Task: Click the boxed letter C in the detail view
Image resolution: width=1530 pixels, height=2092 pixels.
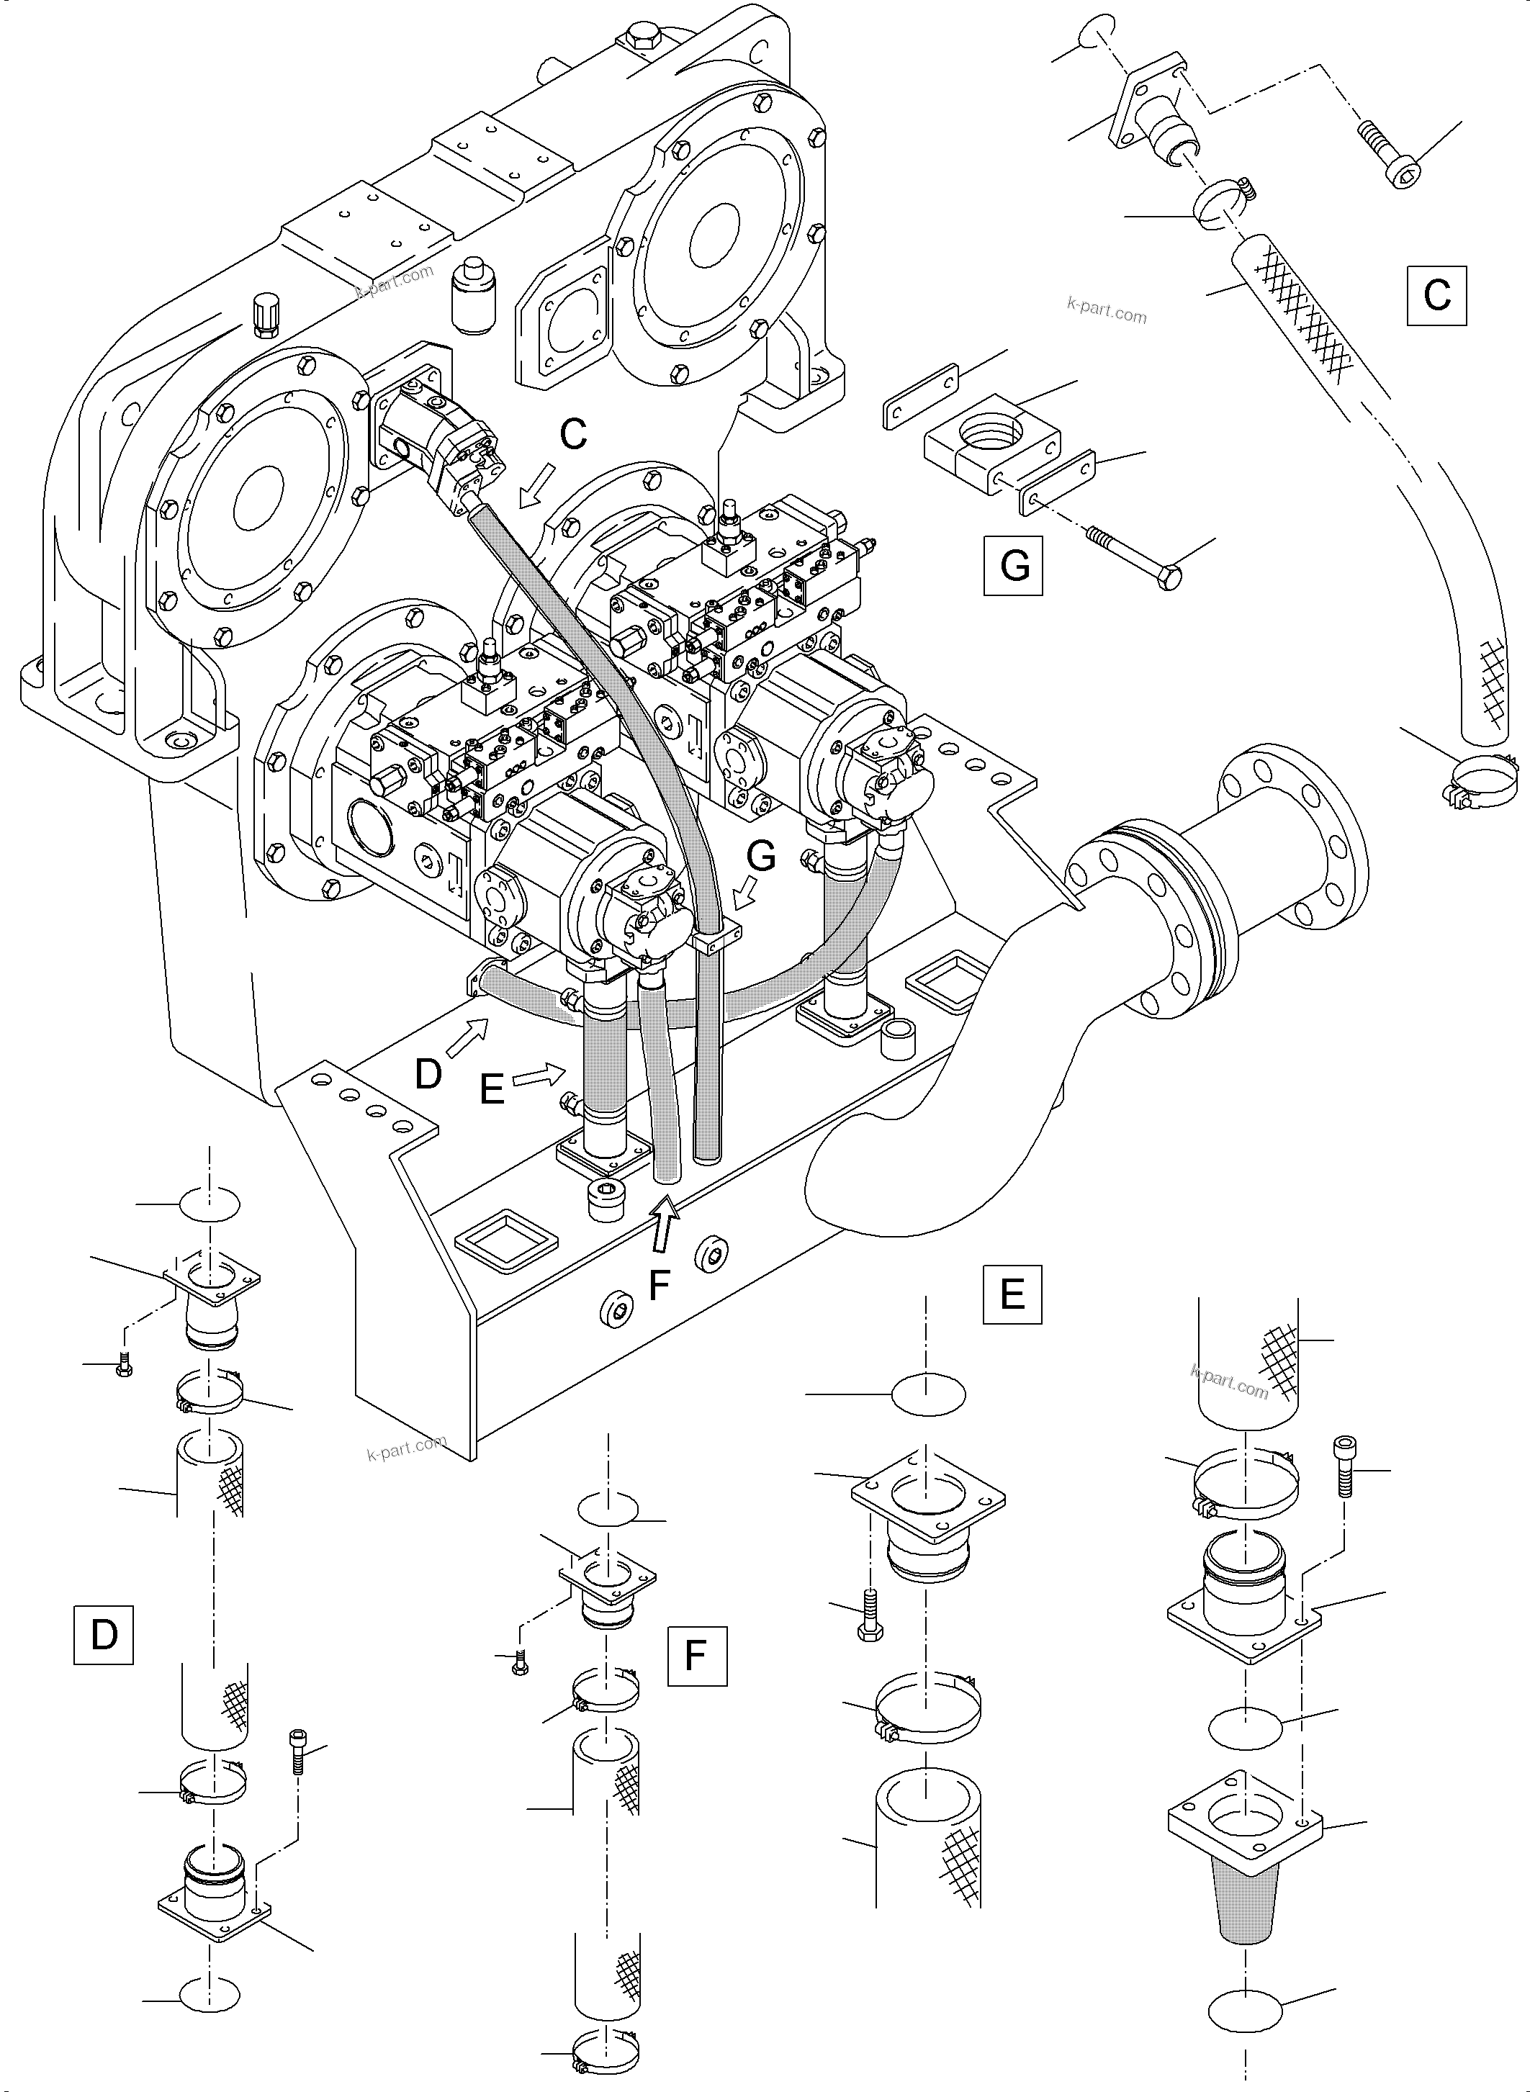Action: [x=1436, y=295]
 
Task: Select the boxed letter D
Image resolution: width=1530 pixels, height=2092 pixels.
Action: [x=103, y=1636]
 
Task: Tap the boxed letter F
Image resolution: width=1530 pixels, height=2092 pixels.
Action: [x=696, y=1656]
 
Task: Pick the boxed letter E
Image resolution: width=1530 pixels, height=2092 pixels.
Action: [x=1012, y=1294]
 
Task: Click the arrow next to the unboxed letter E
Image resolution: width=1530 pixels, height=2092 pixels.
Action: [x=540, y=1076]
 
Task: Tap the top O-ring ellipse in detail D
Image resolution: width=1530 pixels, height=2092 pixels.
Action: [x=210, y=1205]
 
